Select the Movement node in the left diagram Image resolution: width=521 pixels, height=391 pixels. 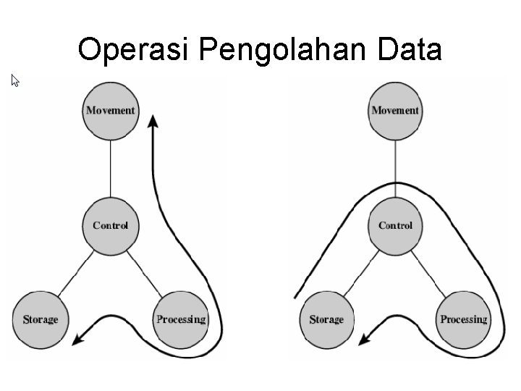110,110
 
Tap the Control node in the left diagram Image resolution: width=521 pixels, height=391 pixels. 110,225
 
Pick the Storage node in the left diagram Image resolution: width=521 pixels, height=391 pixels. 40,319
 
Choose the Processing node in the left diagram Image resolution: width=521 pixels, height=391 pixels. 181,319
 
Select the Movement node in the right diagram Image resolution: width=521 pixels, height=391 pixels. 395,110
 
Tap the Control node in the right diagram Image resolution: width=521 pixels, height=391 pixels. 395,225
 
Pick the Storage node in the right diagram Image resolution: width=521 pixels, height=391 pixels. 326,319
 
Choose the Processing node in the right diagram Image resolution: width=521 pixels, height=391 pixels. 464,319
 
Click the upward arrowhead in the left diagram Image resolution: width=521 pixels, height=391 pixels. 153,121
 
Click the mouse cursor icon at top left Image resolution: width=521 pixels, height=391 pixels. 14,80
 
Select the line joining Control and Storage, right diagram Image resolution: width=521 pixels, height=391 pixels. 360,272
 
